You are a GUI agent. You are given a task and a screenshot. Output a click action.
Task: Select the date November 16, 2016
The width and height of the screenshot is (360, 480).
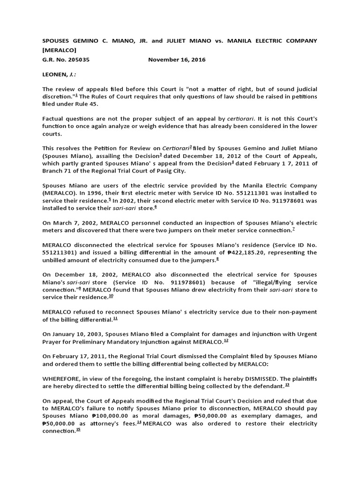(177, 60)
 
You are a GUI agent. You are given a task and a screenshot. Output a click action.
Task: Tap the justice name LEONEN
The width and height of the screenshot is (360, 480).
(55, 75)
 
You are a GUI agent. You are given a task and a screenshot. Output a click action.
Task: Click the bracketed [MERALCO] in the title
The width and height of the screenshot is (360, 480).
(60, 50)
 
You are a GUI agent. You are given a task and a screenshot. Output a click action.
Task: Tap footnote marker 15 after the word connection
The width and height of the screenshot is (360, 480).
(78, 430)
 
